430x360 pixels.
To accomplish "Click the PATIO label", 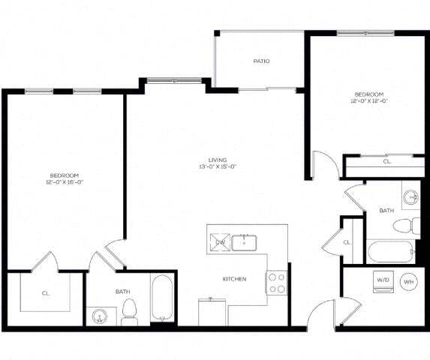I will click(261, 61).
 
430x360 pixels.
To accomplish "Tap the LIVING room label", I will click(218, 159).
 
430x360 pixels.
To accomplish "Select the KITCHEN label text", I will click(234, 279).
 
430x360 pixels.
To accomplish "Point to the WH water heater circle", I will click(409, 282).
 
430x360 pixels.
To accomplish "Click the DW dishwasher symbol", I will click(221, 242).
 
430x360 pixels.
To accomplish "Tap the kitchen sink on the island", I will click(245, 242).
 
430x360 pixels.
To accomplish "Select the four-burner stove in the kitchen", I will click(276, 283).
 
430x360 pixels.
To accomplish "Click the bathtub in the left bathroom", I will click(162, 299).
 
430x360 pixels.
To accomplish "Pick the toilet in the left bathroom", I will click(129, 311).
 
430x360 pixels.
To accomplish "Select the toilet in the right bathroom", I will click(407, 224).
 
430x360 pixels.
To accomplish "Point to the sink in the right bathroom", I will click(410, 198).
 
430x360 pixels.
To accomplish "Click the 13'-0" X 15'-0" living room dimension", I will click(218, 166).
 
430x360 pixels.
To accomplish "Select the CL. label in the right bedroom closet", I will click(387, 161).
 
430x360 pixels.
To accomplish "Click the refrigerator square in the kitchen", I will click(213, 310).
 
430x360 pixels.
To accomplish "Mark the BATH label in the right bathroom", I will click(386, 211).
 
